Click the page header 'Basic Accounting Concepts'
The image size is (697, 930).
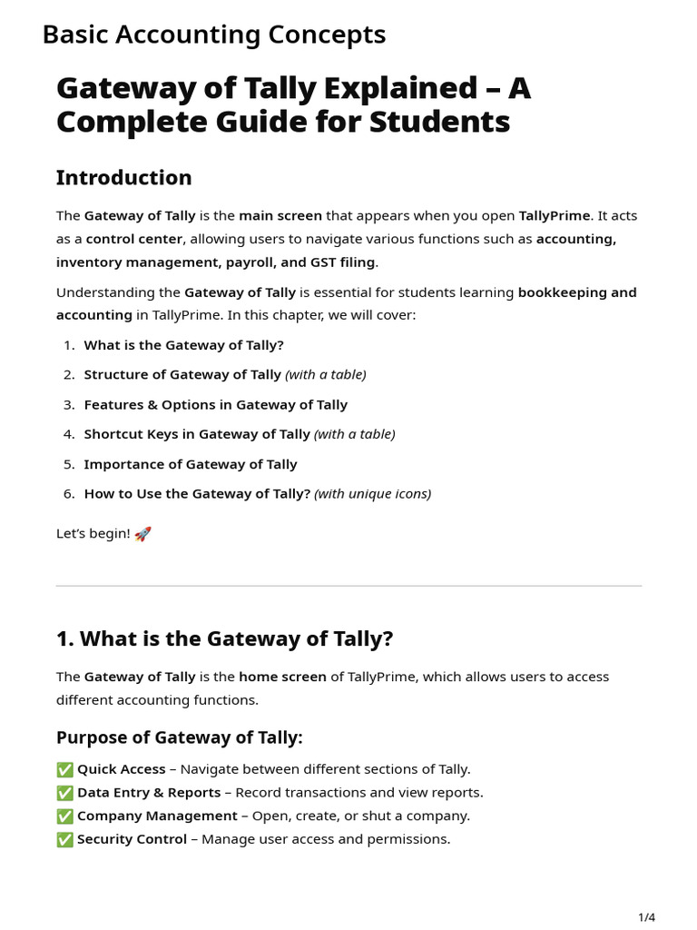214,35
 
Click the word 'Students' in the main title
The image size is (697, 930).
442,122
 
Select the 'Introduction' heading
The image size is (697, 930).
123,177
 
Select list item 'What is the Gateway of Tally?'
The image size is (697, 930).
183,345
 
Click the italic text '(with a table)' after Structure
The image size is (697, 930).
326,374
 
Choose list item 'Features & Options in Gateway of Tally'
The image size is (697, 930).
215,404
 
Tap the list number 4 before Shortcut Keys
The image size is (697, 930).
69,434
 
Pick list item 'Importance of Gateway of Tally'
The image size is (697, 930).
191,464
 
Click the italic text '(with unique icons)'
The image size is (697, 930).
372,494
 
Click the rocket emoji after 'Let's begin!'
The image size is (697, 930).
142,534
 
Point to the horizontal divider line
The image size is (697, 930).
348,586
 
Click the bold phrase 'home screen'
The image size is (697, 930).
282,677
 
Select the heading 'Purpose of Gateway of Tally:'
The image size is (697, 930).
180,737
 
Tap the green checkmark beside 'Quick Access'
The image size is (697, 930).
64,769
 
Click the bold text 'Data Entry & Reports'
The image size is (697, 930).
149,793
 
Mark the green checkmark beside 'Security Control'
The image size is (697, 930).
64,839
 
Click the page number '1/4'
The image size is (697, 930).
646,917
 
